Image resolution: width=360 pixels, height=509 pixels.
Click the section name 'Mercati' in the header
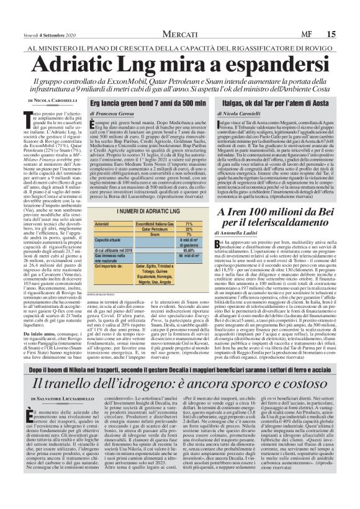point(181,34)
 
